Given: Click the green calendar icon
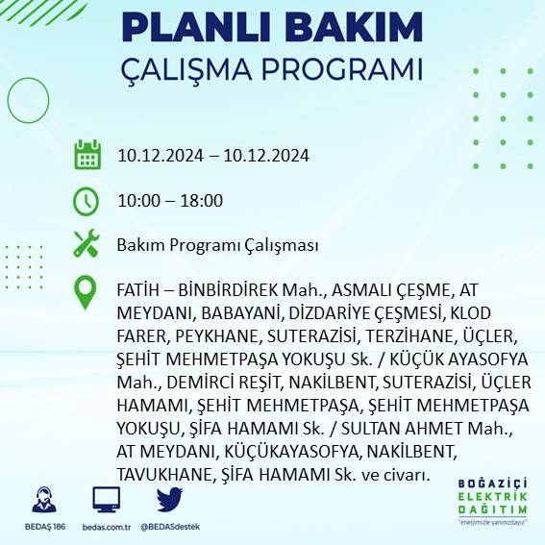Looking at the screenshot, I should (87, 155).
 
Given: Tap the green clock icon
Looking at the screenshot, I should (87, 200).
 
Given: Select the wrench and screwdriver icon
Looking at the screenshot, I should (87, 244).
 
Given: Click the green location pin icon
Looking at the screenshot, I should (87, 292).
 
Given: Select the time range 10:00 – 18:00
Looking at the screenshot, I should (170, 201).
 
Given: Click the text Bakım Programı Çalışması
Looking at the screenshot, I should (217, 245).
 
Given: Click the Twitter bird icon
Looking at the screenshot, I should (170, 501).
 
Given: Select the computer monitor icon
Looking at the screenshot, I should (105, 501).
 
